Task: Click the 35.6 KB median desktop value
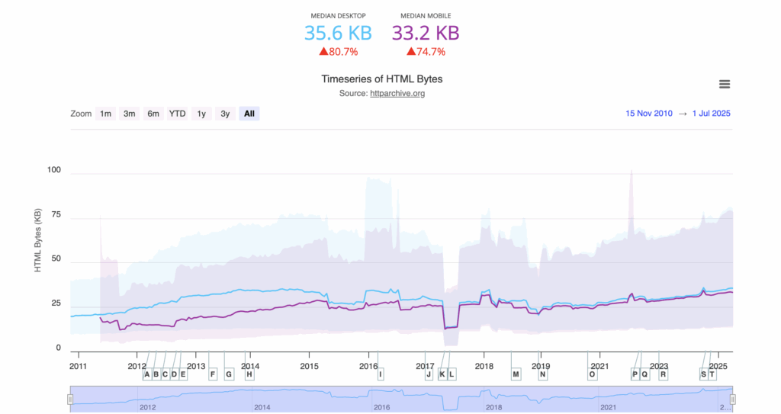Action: click(x=338, y=33)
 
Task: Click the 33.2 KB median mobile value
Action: click(x=426, y=33)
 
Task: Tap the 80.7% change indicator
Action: click(x=338, y=52)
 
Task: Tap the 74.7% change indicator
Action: click(x=426, y=52)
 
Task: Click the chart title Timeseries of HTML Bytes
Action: click(x=381, y=79)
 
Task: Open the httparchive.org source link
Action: click(x=397, y=93)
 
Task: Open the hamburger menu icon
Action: click(x=725, y=84)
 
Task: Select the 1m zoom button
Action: click(x=105, y=114)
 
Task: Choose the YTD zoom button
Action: click(x=177, y=114)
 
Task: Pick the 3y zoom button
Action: click(x=225, y=114)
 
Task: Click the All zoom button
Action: click(x=249, y=114)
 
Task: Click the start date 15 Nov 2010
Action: click(x=649, y=114)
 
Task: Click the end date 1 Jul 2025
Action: click(x=712, y=114)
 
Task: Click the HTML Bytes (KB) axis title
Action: click(x=37, y=240)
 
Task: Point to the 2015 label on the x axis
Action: click(x=309, y=366)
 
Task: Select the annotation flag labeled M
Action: click(x=516, y=374)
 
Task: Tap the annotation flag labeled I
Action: click(x=380, y=374)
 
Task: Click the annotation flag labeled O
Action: click(x=592, y=374)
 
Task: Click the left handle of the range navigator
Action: click(x=70, y=399)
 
